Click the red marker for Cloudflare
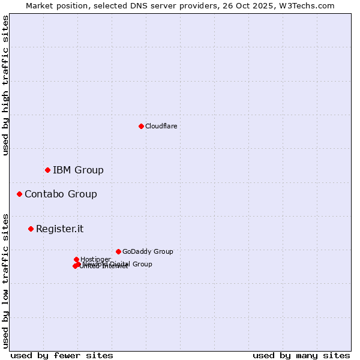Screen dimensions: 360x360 [141, 126]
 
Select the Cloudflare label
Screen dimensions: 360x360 [161, 126]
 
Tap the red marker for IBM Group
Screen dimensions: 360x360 [47, 170]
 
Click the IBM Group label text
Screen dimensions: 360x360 [78, 170]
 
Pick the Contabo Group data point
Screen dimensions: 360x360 [19, 194]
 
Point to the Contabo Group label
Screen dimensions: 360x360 [61, 194]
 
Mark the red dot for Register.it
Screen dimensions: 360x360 [31, 229]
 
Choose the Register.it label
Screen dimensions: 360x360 [59, 229]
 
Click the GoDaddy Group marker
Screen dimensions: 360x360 [118, 251]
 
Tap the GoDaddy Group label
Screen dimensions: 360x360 [148, 251]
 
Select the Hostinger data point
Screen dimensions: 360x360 [76, 259]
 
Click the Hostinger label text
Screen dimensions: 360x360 [95, 259]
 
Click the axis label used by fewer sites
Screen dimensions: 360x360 [62, 355]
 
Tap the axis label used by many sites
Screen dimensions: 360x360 [301, 355]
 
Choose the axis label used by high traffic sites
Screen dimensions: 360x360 [6, 86]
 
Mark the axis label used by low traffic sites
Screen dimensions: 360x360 [6, 281]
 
